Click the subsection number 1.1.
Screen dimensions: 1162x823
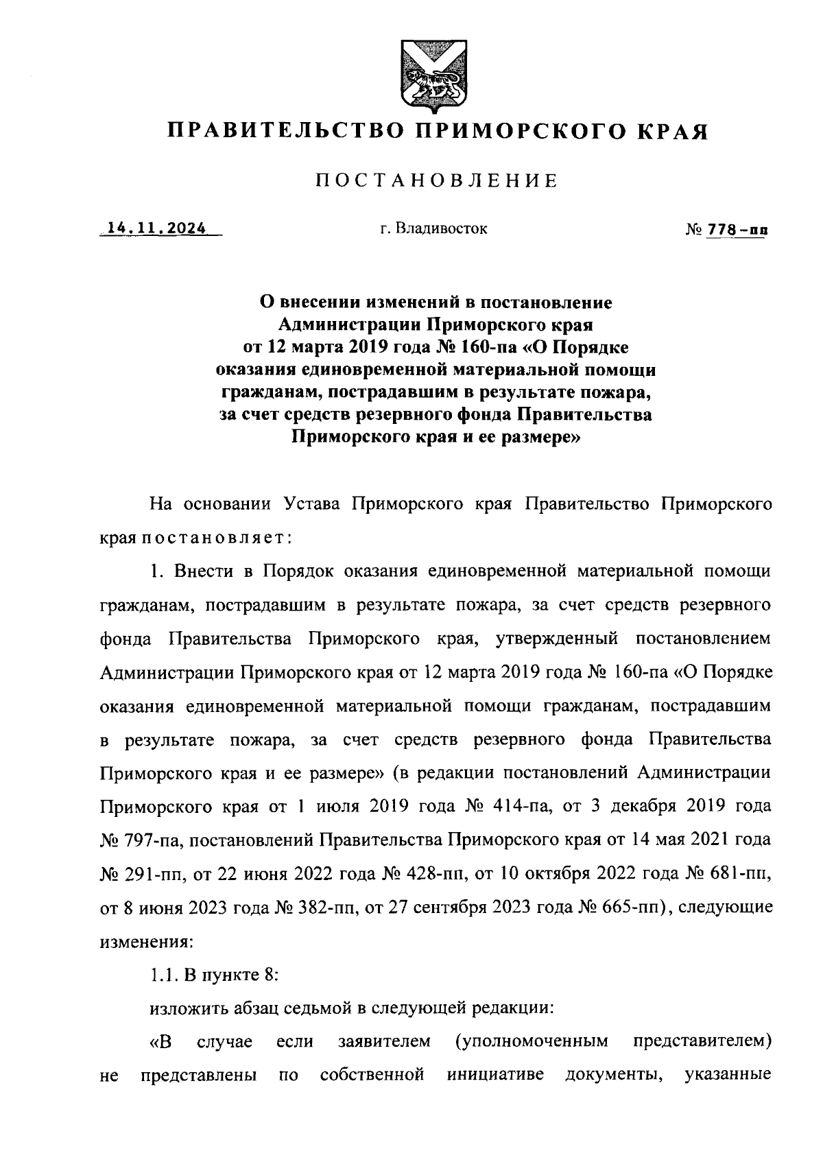[163, 974]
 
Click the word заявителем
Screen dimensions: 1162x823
[385, 1042]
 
